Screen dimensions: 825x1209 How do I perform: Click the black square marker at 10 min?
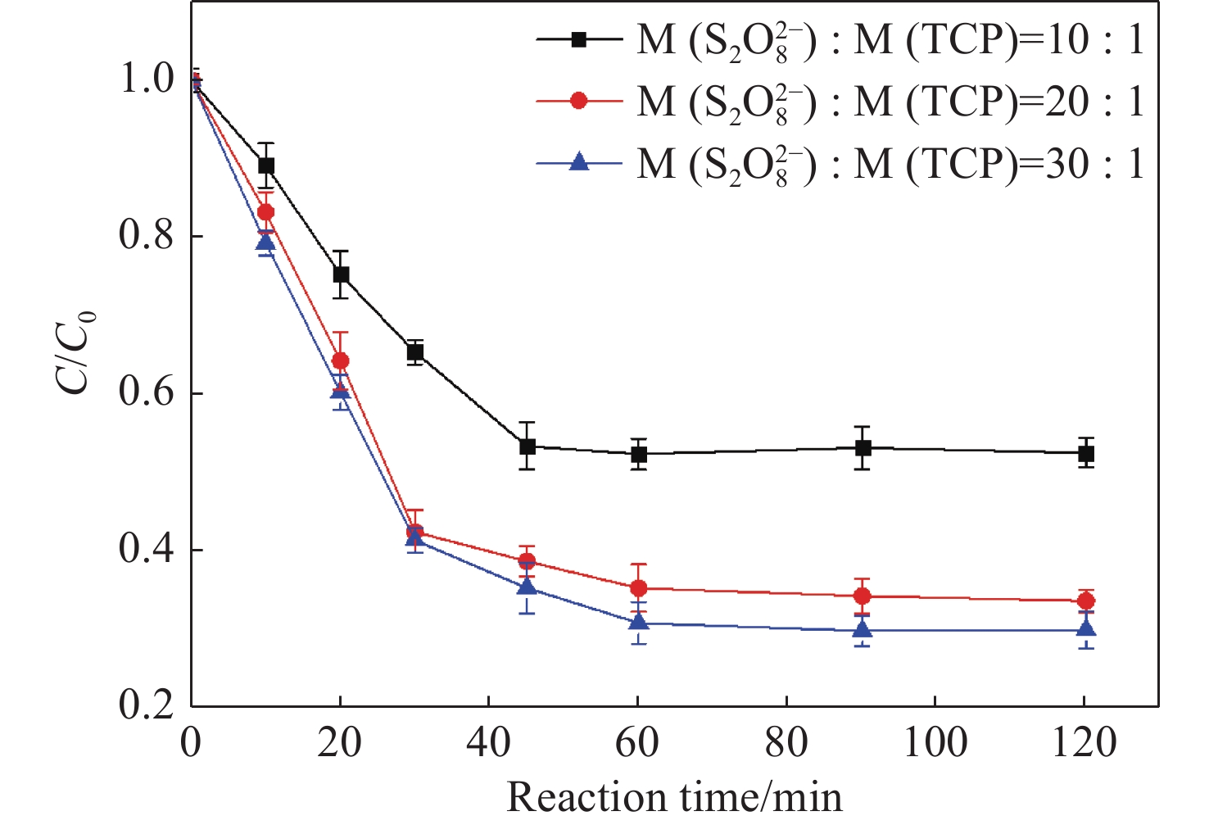click(x=266, y=165)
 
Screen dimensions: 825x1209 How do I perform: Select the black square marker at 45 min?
click(x=528, y=446)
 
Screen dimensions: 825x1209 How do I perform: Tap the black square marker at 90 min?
click(x=863, y=448)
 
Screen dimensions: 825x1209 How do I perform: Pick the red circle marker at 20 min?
click(x=340, y=361)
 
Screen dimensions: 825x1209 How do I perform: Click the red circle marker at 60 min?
click(x=639, y=588)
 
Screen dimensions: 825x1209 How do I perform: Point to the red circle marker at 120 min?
click(x=1086, y=601)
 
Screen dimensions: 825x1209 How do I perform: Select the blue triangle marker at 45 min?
click(x=528, y=587)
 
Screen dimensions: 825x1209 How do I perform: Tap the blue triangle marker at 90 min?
click(x=863, y=629)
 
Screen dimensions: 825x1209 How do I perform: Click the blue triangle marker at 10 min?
click(x=265, y=243)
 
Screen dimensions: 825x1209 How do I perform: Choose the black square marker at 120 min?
click(x=1086, y=454)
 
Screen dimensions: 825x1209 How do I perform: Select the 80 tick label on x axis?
click(x=786, y=743)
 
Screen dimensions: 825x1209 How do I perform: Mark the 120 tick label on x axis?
click(x=1083, y=743)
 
